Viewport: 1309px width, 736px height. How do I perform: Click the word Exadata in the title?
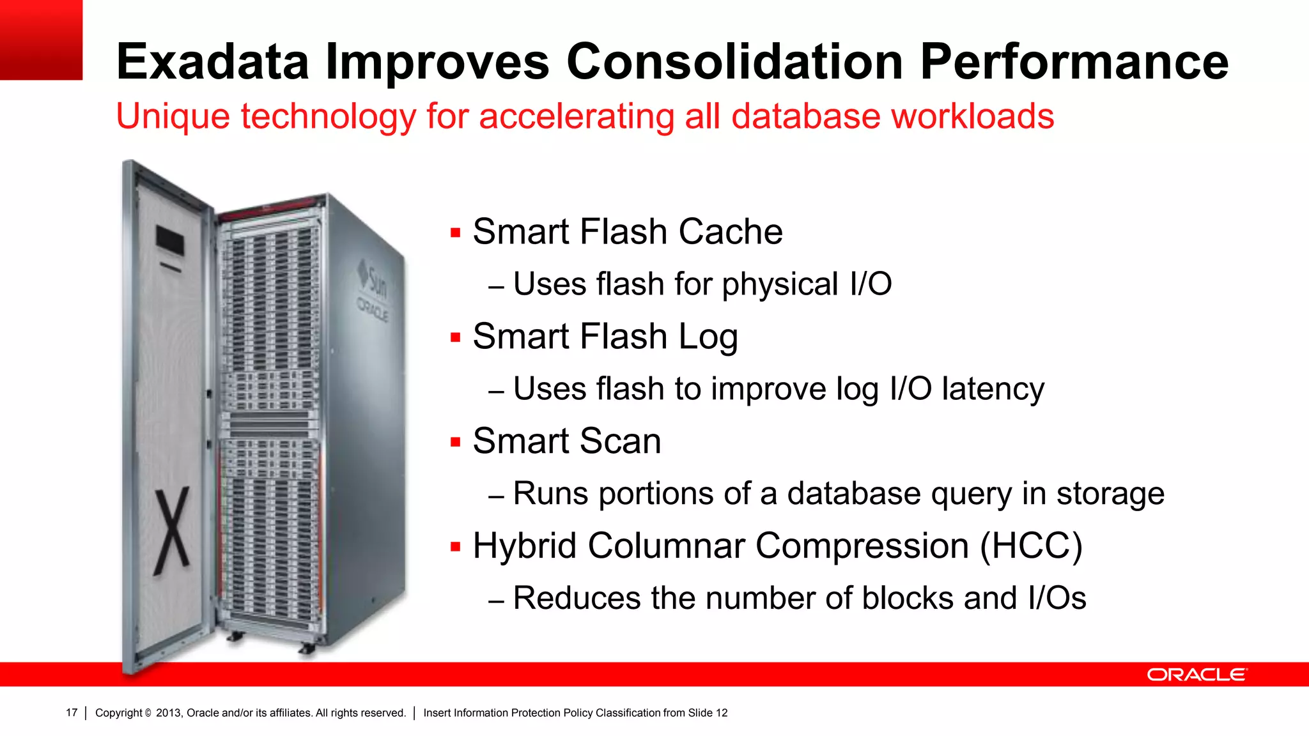click(212, 62)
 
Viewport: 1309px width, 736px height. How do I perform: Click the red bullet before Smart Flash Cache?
click(456, 233)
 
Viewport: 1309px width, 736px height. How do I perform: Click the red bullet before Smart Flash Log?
click(456, 337)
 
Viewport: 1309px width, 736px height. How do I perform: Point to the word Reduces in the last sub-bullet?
click(577, 599)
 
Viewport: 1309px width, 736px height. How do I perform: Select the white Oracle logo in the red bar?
click(1197, 675)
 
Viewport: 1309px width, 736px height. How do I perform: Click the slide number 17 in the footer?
click(72, 713)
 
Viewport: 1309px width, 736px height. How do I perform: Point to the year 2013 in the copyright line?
click(169, 713)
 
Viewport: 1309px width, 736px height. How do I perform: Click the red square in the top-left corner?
click(41, 40)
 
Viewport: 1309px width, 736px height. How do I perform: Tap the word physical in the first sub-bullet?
click(780, 284)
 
